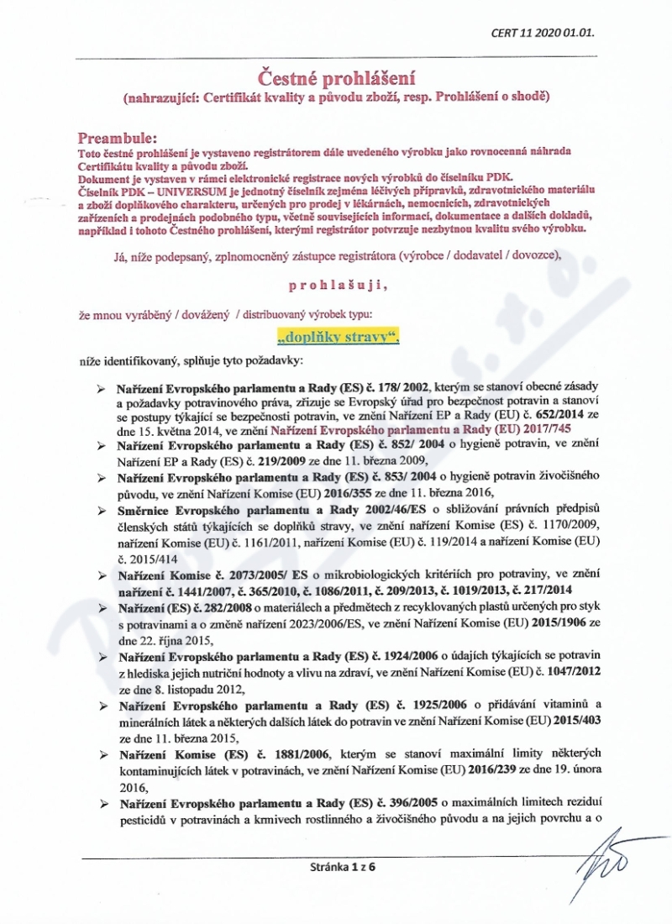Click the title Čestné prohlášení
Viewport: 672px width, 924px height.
(x=336, y=78)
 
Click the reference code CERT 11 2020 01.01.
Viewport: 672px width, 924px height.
(x=547, y=34)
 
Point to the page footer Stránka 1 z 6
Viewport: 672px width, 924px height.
(x=336, y=869)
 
